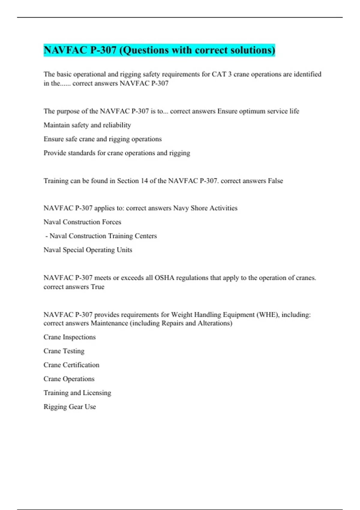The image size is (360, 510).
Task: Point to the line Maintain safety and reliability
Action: click(x=87, y=125)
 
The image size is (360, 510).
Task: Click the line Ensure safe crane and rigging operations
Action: click(x=103, y=139)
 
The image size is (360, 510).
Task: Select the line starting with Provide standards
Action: click(x=117, y=153)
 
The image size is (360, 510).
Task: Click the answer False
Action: click(x=275, y=181)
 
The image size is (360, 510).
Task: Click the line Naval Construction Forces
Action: click(x=82, y=222)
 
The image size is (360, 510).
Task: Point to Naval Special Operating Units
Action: click(x=88, y=250)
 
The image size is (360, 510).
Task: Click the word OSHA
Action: click(x=164, y=278)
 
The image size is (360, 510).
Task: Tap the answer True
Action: click(x=97, y=287)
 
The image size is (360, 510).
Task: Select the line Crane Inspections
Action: click(x=70, y=337)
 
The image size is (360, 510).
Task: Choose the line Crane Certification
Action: click(x=71, y=365)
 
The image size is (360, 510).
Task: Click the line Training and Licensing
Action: click(x=77, y=393)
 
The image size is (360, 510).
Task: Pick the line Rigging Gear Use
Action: click(x=70, y=407)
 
